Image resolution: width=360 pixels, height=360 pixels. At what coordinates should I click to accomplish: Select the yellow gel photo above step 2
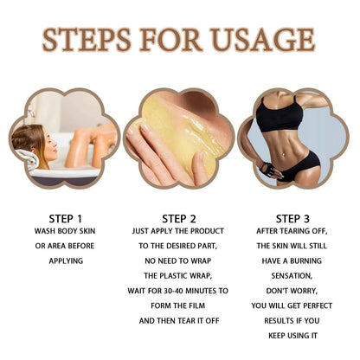(x=179, y=138)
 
